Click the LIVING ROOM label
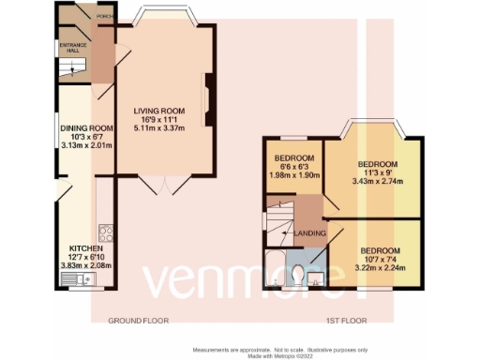coord(160,110)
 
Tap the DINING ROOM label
coord(86,128)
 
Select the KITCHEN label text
coord(77,248)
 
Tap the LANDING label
coord(310,232)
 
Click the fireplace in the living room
coord(211,93)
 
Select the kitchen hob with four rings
coord(105,232)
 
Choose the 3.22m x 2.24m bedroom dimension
coord(381,267)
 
